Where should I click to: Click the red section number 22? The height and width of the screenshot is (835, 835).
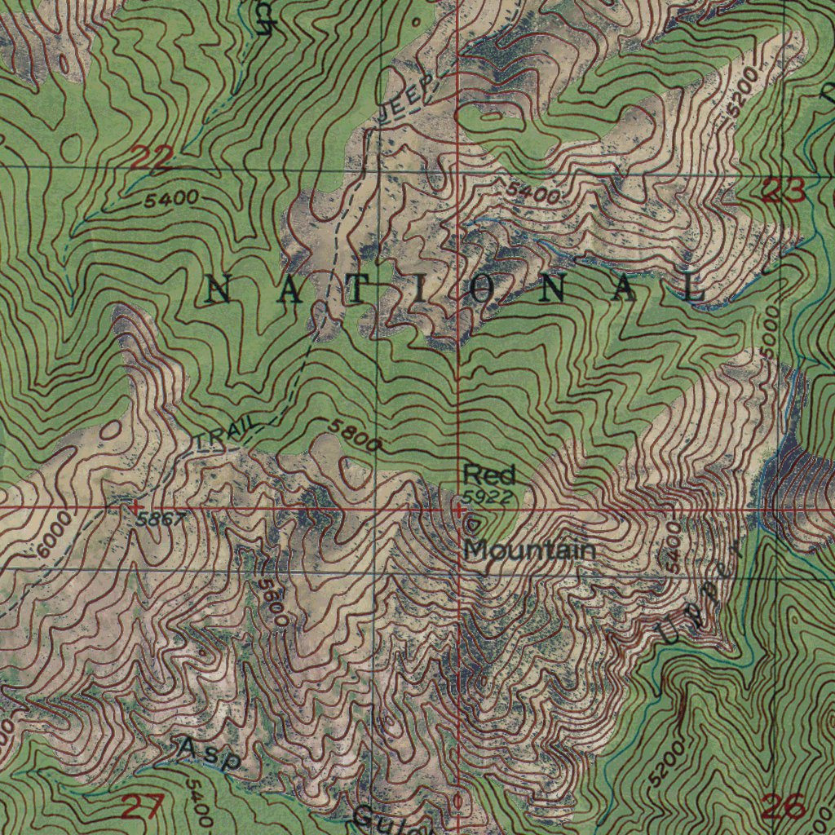pos(150,157)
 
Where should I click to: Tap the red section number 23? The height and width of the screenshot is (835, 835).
pos(784,192)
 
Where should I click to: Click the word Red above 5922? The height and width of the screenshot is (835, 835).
pos(489,474)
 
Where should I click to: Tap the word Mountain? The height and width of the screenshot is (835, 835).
pos(529,550)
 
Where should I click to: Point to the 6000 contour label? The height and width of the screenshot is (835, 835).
pos(55,535)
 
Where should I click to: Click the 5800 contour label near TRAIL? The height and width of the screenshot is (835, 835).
pos(356,435)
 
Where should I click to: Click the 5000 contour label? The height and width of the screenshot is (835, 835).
pos(770,329)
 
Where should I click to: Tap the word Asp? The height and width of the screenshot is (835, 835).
pos(210,753)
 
